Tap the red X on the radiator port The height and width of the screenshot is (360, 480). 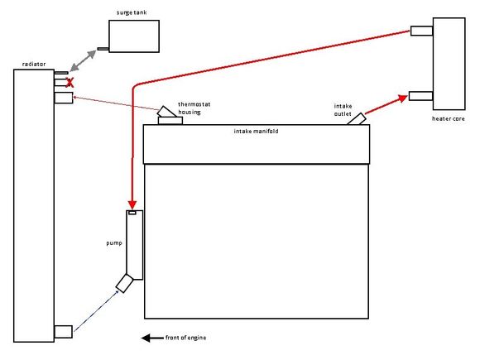point(70,83)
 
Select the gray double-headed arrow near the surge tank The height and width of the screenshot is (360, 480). point(83,61)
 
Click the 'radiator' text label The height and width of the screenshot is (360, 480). point(34,64)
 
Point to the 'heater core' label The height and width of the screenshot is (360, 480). point(449,118)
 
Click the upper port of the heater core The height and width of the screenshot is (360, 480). point(421,31)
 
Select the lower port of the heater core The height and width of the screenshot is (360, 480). point(421,96)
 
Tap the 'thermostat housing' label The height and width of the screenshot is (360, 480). point(194,108)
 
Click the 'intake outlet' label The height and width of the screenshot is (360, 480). point(343,110)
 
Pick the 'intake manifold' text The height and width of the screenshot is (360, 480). point(256,132)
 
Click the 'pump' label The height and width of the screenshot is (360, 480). point(114,243)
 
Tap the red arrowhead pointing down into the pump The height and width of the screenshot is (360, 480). point(132,204)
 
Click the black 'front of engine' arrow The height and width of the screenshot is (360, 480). point(152,338)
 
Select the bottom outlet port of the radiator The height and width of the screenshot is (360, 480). point(64,332)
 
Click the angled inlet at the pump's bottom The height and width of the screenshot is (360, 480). point(125,283)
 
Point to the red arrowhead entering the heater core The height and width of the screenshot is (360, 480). point(403,98)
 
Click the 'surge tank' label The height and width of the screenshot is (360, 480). point(132,12)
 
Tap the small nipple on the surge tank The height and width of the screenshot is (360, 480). point(103,49)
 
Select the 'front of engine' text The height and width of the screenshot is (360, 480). point(185,338)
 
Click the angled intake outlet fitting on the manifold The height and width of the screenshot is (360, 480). point(357,119)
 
